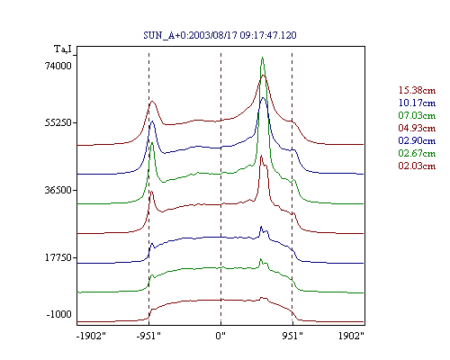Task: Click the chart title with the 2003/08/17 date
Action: pos(220,35)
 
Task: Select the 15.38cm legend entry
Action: pos(417,90)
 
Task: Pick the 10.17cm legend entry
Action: pos(417,103)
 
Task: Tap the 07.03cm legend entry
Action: pos(417,115)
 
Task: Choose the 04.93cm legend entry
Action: pos(417,128)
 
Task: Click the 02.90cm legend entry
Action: pos(417,140)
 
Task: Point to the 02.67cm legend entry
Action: pos(417,153)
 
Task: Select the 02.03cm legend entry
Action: pos(417,166)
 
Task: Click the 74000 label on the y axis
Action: pos(58,66)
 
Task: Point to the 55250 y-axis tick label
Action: pos(58,122)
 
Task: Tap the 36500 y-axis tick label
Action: pos(58,190)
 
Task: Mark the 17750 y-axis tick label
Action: pos(58,257)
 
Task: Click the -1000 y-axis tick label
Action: pos(59,314)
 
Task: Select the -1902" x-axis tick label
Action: pos(91,336)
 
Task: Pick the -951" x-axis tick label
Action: pos(148,336)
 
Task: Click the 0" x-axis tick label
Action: pos(220,336)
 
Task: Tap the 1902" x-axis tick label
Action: pos(351,336)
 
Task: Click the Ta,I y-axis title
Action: pos(63,49)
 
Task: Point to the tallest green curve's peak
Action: pos(262,57)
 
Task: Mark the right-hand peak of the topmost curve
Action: pos(264,76)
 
